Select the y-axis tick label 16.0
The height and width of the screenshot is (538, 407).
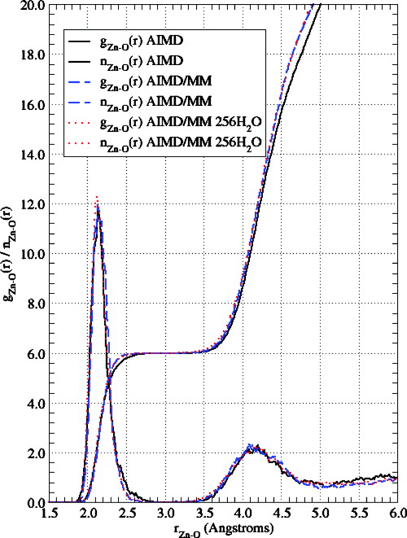pyautogui.click(x=34, y=104)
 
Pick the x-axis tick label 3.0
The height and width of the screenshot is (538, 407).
pyautogui.click(x=166, y=514)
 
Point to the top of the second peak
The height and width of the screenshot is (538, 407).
pyautogui.click(x=254, y=447)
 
